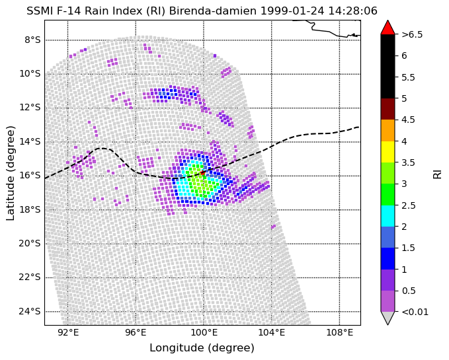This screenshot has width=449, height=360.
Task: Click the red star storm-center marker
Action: (x=202, y=172)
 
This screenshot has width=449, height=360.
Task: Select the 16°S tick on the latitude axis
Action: (x=45, y=176)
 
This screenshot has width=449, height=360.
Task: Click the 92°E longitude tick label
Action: (x=68, y=333)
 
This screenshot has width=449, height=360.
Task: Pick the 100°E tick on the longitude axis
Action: (x=204, y=326)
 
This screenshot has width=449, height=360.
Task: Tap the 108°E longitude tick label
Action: (x=339, y=333)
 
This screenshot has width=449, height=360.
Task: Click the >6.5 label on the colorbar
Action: (x=412, y=34)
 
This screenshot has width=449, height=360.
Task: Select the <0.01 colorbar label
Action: (x=415, y=312)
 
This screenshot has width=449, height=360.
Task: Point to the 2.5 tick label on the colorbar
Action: (x=409, y=205)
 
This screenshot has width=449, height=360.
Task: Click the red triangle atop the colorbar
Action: (x=388, y=27)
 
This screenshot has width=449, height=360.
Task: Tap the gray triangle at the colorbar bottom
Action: (x=388, y=318)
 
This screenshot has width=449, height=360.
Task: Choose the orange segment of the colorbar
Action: (x=388, y=130)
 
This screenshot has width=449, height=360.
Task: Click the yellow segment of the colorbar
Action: (x=388, y=152)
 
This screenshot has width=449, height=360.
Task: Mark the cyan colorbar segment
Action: (x=388, y=216)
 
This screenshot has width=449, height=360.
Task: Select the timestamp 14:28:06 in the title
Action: (x=352, y=11)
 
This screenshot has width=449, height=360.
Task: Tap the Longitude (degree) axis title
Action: (x=202, y=348)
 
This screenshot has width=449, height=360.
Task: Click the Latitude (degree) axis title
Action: (x=10, y=173)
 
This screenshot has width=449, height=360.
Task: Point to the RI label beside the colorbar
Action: (x=437, y=173)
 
